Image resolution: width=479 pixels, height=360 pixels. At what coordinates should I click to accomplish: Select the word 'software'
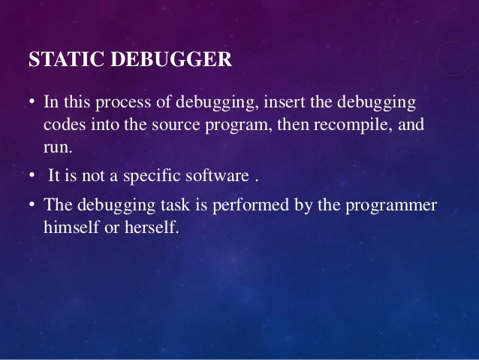coord(217,177)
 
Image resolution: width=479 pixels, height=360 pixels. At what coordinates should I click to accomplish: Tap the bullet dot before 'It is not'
coord(32,177)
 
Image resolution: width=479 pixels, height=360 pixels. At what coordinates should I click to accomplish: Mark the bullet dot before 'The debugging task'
coord(32,205)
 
